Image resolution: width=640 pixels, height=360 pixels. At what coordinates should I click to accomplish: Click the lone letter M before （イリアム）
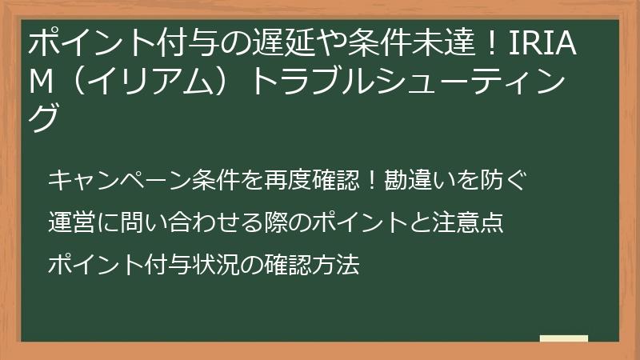41,81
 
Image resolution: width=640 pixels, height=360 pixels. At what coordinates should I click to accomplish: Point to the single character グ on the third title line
43,118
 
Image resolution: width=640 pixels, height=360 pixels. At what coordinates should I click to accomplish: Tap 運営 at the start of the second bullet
68,222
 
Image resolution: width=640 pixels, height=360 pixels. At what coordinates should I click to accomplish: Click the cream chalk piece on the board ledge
564,338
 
